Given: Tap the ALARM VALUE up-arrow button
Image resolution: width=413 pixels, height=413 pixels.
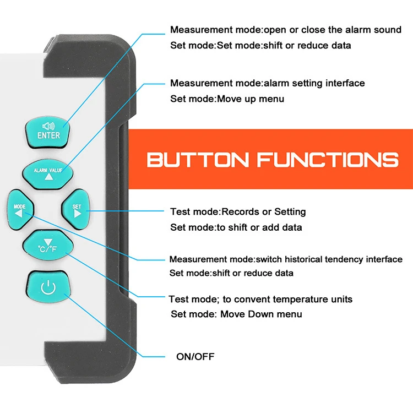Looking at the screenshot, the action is (x=48, y=174).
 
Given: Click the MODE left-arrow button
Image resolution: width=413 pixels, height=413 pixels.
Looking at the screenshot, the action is (x=20, y=210).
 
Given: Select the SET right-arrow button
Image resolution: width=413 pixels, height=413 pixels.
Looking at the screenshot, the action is (x=76, y=210).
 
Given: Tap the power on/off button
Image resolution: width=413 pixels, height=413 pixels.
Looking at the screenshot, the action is (x=48, y=286).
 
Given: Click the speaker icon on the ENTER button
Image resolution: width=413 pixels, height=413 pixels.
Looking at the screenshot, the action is (x=48, y=126).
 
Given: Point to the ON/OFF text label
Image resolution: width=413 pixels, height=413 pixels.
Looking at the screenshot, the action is (x=195, y=357).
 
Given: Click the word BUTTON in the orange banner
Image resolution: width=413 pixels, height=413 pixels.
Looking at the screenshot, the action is (x=198, y=160).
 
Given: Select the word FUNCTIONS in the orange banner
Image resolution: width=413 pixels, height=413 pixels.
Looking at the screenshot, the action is (x=328, y=160).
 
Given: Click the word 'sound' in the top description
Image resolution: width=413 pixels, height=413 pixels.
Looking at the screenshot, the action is (x=388, y=30).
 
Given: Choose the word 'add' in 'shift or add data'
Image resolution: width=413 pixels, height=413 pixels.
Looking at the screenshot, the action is (x=271, y=227).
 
